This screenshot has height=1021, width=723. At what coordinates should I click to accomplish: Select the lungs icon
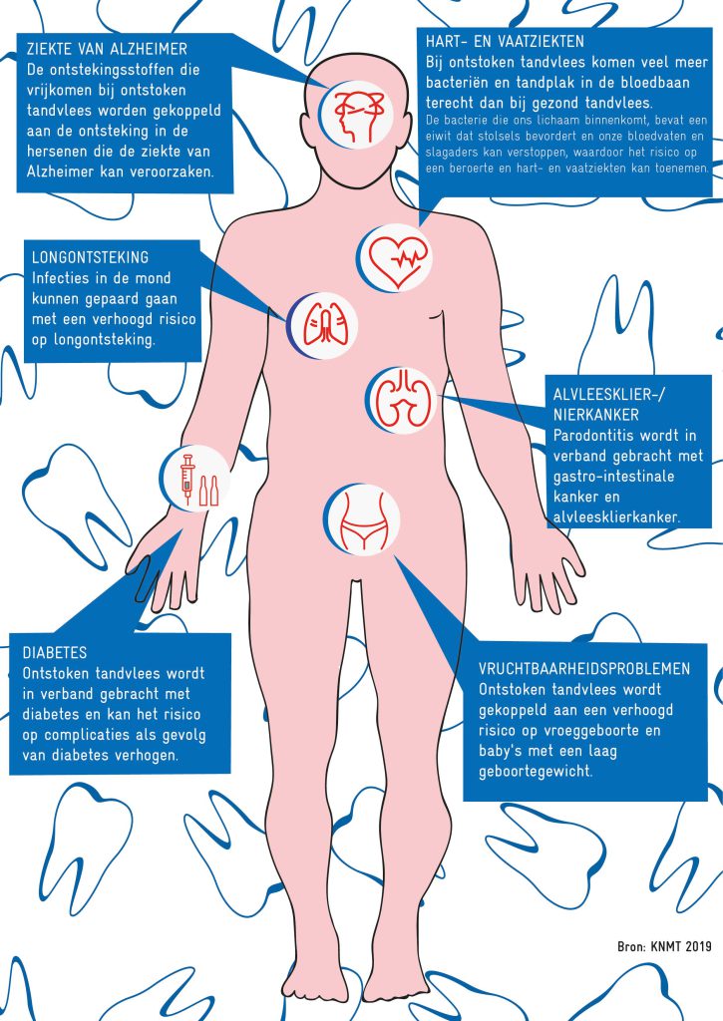coord(322,326)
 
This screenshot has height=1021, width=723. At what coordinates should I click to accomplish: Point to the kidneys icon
coord(400,400)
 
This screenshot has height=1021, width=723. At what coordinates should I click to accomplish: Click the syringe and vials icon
coord(195,480)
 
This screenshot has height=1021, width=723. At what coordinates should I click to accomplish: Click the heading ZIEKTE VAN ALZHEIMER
coord(107,49)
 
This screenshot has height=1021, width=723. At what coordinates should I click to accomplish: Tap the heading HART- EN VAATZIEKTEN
coord(505,42)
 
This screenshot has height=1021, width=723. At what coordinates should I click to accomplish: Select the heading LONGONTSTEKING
coord(90,257)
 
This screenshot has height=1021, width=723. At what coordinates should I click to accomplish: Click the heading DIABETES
coord(55,652)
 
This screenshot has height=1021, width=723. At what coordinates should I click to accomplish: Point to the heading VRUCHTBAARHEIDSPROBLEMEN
coord(584,669)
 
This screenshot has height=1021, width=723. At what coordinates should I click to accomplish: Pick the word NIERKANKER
coord(596,415)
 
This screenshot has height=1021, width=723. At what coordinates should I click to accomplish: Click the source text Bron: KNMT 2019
coord(664,946)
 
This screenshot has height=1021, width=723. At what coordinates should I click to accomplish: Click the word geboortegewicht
coord(536,772)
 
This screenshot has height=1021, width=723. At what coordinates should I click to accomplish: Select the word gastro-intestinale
coord(613,476)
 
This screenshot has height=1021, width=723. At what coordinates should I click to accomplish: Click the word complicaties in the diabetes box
coord(89,735)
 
